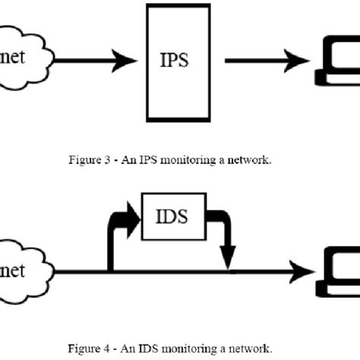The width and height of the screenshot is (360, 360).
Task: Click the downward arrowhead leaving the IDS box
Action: [x=228, y=258]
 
